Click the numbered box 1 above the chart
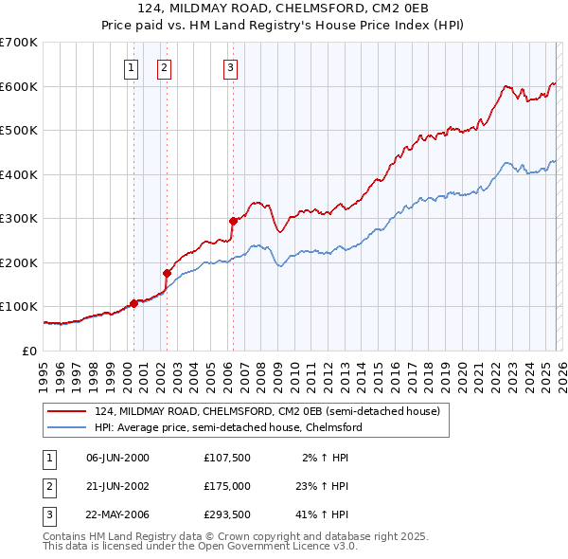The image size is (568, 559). click(131, 67)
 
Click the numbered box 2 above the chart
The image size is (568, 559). click(164, 67)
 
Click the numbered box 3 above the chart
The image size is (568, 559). click(230, 67)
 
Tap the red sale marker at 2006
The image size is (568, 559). click(233, 221)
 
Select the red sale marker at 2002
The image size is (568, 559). click(167, 273)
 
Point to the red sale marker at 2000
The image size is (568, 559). click(133, 303)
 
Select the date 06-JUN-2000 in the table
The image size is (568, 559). click(117, 458)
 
